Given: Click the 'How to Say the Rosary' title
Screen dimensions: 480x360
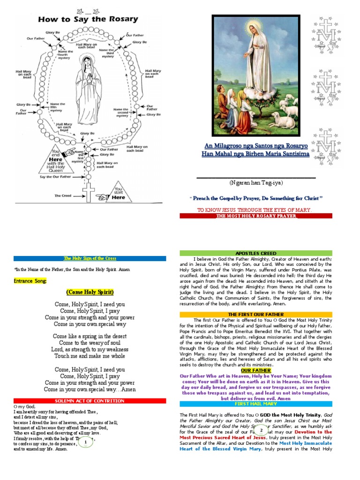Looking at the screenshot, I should (x=89, y=19).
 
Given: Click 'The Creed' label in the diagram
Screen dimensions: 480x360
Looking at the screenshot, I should (x=62, y=196).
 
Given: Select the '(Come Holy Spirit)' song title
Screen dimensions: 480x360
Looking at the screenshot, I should (x=90, y=292).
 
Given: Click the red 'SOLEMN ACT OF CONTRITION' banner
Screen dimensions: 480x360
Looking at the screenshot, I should (x=90, y=401).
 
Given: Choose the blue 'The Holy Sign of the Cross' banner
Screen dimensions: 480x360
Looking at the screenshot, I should (x=90, y=258).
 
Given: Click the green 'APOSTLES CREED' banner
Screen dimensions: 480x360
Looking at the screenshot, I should (x=255, y=253).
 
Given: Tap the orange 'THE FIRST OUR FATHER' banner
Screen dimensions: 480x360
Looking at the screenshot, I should (x=255, y=314).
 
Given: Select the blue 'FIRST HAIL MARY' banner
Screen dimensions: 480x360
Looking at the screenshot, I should (x=255, y=404).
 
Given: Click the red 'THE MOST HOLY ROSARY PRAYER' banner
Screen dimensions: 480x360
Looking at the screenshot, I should (x=255, y=216).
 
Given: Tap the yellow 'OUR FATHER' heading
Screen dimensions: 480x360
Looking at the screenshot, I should (x=255, y=370).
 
